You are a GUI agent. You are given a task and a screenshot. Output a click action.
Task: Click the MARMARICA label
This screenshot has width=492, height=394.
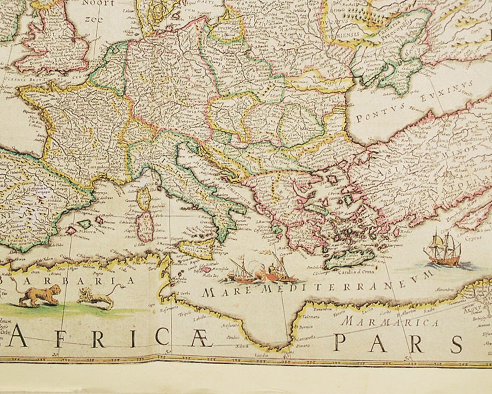tap(391, 322)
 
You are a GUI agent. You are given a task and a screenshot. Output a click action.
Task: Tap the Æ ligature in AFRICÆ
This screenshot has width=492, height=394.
tap(202, 340)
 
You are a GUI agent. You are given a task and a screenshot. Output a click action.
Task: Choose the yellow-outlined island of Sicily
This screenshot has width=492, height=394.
tap(196, 249)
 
